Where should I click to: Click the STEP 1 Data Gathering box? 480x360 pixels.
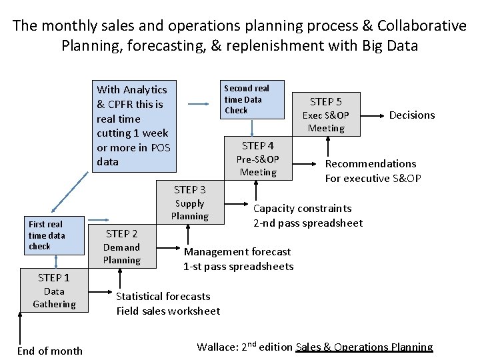pos(54,290)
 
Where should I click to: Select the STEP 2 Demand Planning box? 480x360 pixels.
pos(121,246)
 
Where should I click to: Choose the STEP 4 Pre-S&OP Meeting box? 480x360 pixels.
pos(258,158)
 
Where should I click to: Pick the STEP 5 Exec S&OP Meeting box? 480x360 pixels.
pos(326,114)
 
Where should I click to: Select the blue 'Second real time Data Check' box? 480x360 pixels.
pos(252,99)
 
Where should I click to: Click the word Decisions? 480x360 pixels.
pos(411,115)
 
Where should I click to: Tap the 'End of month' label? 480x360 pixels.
pos(50,351)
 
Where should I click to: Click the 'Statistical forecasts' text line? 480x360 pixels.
pos(163,296)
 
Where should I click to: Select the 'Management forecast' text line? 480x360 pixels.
pos(237,251)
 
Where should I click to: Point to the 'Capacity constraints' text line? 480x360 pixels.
pos(302,208)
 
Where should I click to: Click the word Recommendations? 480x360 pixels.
pos(370,163)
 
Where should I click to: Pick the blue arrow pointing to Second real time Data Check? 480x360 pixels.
pos(198,103)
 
